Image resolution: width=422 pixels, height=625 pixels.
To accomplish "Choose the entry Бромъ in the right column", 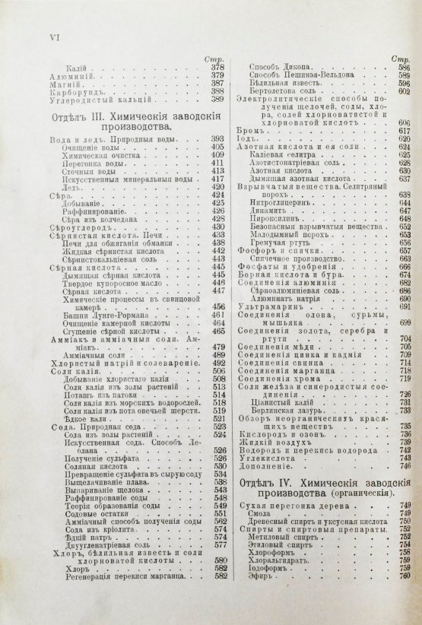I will [x=252, y=131].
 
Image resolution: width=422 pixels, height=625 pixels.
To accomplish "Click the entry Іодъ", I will [x=248, y=139].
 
